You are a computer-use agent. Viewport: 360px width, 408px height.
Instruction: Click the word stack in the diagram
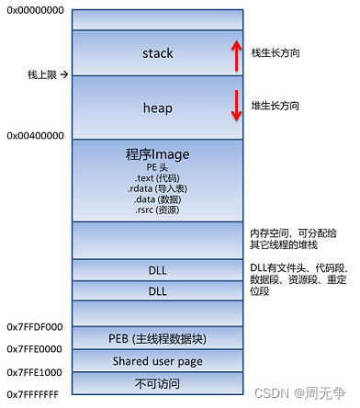(x=157, y=53)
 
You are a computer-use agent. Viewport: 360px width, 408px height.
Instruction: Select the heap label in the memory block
(x=157, y=108)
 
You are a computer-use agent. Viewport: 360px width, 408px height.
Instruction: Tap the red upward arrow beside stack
(x=236, y=54)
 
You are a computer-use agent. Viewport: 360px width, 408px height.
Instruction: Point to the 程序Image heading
(x=157, y=152)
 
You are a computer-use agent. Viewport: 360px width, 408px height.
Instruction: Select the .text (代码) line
(x=157, y=176)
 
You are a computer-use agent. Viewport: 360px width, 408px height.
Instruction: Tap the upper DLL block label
(x=157, y=270)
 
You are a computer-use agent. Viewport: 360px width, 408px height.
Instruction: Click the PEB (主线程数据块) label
(x=157, y=338)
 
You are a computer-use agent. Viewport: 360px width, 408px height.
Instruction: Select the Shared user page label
(x=157, y=361)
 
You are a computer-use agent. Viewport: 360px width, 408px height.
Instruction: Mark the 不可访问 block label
(x=157, y=382)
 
